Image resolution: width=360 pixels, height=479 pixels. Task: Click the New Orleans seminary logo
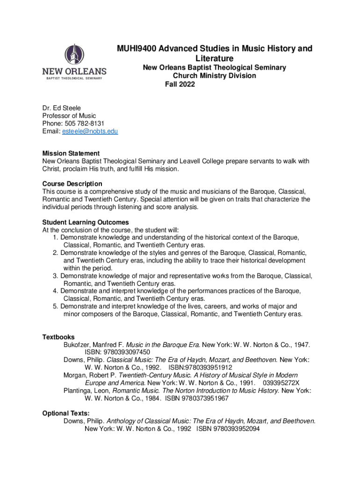75,62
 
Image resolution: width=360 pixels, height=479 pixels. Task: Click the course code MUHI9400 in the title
136,49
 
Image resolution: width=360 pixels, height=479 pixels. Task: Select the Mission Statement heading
71,153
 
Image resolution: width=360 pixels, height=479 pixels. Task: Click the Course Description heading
72,184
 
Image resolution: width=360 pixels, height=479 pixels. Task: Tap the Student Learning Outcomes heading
86,222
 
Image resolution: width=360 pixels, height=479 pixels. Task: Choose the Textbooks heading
58,337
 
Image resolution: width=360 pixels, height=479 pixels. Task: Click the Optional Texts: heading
66,413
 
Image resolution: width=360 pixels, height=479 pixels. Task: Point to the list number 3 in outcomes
56,276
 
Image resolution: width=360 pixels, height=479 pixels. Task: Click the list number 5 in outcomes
56,306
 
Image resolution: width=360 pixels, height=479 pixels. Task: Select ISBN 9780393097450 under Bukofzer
117,352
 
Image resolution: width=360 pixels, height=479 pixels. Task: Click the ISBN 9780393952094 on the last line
228,428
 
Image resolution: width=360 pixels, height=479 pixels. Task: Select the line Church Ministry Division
215,76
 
